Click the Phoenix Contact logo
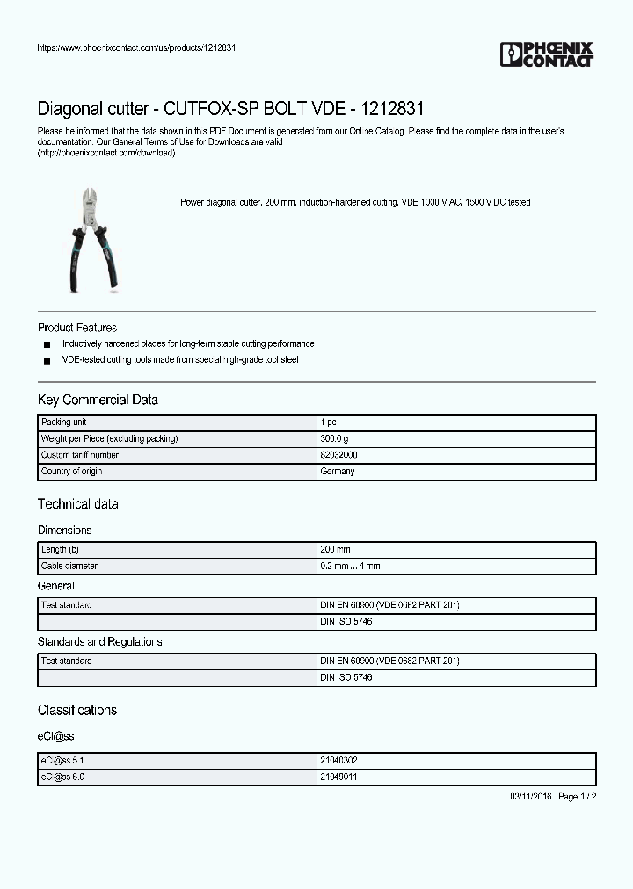pos(546,54)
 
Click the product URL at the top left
pos(136,47)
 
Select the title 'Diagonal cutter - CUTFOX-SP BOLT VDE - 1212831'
pos(230,110)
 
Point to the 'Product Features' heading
pos(77,328)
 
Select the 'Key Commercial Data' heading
pos(98,400)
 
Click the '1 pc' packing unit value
pos(328,423)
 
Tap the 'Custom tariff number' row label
pos(80,455)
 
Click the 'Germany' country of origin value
pos(338,472)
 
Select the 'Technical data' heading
pos(77,504)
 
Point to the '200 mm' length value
pos(335,549)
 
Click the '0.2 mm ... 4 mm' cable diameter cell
pos(350,567)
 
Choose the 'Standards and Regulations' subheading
pos(99,642)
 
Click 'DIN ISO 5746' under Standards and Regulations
pos(346,678)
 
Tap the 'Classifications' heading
pos(77,710)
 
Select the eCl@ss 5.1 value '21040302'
pos(338,761)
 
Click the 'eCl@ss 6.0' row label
pos(62,777)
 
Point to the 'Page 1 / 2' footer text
pos(578,797)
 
